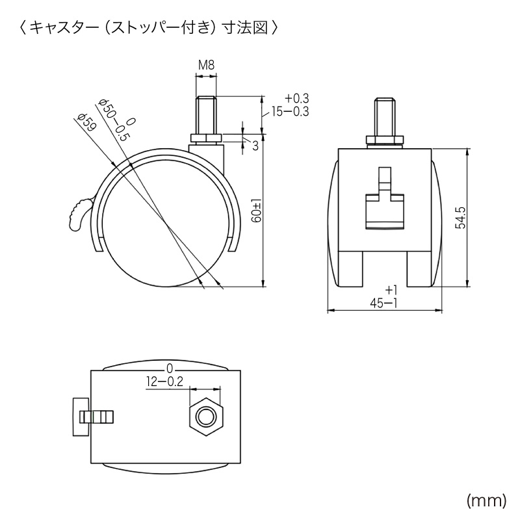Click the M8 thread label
point(205,65)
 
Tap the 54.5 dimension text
point(460,218)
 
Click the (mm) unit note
point(486,500)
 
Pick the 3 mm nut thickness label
point(255,146)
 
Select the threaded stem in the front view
point(384,117)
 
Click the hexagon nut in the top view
point(205,417)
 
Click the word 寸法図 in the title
point(248,29)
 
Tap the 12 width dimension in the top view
point(155,382)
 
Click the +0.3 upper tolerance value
point(296,98)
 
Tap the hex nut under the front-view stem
point(384,140)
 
